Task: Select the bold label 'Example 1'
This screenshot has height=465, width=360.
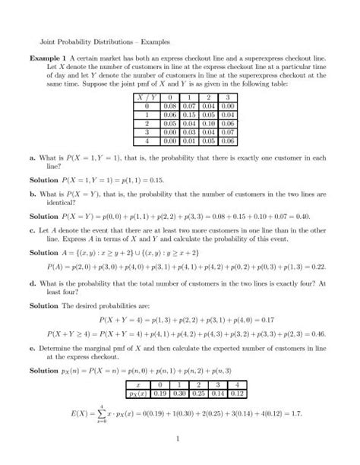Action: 47,57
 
